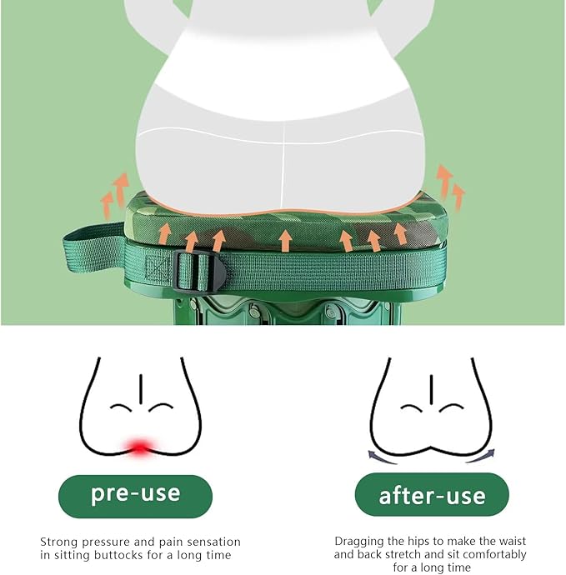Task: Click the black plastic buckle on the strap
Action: [x=199, y=271]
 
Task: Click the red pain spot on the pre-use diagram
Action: [x=140, y=447]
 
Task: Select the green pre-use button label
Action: [x=135, y=496]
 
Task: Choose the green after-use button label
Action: [x=432, y=494]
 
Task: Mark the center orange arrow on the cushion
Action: [x=285, y=240]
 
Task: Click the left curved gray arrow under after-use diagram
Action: [x=382, y=457]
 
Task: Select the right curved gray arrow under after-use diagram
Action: [x=481, y=456]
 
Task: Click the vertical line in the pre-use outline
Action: [x=141, y=389]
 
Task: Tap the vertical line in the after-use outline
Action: [x=432, y=390]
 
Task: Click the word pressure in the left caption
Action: [x=106, y=542]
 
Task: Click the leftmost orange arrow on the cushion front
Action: [x=165, y=233]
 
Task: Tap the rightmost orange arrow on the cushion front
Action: [x=401, y=233]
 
